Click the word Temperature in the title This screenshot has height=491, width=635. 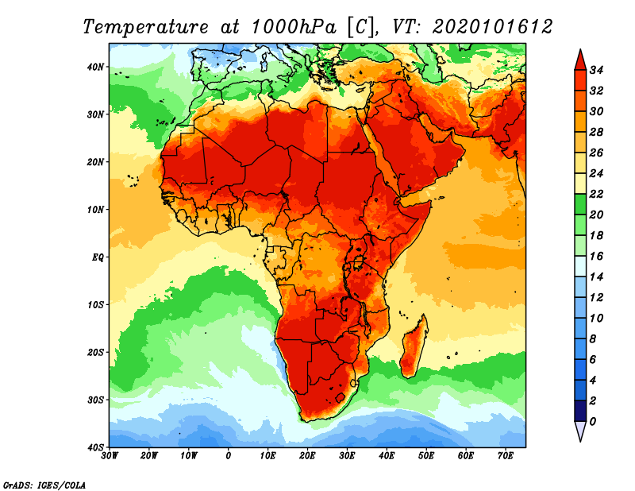point(145,27)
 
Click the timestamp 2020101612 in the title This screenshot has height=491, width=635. point(492,27)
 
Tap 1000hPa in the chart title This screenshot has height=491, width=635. point(294,27)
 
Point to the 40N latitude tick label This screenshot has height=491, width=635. point(95,67)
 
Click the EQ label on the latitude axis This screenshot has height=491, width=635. point(98,257)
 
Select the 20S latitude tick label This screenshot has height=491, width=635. point(95,352)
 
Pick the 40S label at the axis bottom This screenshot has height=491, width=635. point(95,447)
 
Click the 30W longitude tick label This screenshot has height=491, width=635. point(110,456)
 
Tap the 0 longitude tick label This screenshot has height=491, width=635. point(229,456)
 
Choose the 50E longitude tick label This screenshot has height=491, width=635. point(426,456)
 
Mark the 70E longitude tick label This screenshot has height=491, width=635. point(506,456)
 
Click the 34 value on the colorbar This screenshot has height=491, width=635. point(596,70)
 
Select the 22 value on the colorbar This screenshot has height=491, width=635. point(596,194)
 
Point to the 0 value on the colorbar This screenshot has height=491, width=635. point(593,422)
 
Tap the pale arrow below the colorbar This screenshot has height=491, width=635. point(580,430)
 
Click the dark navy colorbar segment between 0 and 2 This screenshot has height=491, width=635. point(580,411)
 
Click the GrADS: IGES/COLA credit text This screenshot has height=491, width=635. point(44,485)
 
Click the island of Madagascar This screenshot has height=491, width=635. point(414,346)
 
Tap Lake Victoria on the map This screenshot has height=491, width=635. point(358,262)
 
